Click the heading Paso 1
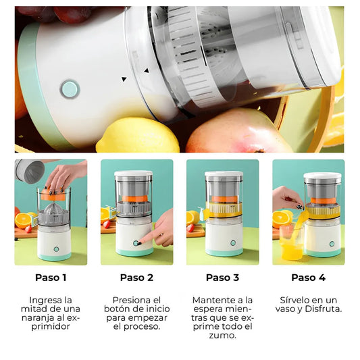pos(51,278)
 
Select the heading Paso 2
pos(136,278)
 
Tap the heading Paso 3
pos(222,278)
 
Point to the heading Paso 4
pos(309,278)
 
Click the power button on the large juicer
pos(70,89)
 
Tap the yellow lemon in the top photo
pos(138,136)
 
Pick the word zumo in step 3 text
pos(222,336)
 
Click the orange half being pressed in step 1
pos(52,195)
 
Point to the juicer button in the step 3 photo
pos(233,242)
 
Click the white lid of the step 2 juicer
pos(134,174)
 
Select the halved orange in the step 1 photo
pos(23,221)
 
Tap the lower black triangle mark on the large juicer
pos(124,79)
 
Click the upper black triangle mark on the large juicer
pos(147,71)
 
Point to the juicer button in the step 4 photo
pos(332,244)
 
